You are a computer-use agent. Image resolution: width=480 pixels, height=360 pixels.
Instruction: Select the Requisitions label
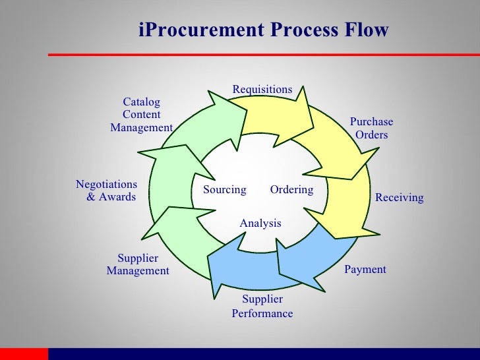(262, 90)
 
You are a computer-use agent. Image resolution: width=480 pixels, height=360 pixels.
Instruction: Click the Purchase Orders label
(371, 129)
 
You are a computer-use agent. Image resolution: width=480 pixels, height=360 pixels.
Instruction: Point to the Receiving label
(399, 198)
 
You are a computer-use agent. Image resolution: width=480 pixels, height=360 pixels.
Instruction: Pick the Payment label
(365, 270)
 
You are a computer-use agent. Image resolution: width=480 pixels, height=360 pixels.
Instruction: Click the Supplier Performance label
(262, 307)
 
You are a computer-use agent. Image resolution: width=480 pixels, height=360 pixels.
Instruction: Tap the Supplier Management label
(138, 264)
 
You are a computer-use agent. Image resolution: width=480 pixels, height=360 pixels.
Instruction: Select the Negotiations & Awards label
(107, 191)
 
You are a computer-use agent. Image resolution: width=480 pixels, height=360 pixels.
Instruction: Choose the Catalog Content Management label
(141, 115)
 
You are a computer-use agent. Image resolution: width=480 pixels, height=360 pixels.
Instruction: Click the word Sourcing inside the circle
(224, 190)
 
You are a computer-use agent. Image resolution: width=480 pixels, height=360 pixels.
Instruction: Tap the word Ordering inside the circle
(291, 190)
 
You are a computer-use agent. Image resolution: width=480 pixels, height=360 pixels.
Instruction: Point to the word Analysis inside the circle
(260, 224)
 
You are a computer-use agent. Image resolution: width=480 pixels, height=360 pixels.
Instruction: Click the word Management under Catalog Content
(141, 127)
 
